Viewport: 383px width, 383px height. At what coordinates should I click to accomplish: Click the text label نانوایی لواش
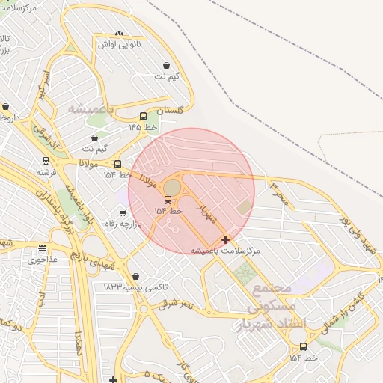point(126,45)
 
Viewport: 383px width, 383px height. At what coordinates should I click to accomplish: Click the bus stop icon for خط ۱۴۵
point(143,116)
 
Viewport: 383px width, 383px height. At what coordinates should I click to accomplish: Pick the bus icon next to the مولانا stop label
point(117,164)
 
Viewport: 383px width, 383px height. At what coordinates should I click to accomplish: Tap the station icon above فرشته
point(46,160)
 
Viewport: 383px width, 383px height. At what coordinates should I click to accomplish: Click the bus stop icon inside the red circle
point(168,200)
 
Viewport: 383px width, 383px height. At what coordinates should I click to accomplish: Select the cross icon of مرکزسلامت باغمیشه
point(226,239)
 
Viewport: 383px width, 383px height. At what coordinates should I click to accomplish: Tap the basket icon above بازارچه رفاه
point(123,213)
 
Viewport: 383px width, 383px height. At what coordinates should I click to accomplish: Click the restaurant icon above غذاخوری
point(42,248)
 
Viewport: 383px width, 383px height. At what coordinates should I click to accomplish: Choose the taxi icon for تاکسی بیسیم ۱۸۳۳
point(135,275)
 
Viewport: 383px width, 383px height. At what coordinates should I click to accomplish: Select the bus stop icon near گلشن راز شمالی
point(303,346)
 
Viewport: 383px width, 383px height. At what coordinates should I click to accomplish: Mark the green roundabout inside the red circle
point(172,186)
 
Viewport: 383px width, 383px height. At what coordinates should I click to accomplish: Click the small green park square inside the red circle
point(245,206)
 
